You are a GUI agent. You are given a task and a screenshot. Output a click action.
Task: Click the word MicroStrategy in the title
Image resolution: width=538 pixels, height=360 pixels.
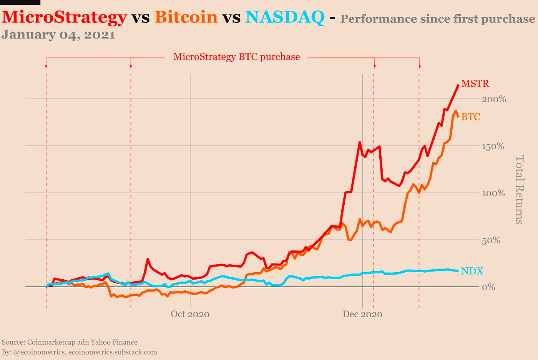point(64,17)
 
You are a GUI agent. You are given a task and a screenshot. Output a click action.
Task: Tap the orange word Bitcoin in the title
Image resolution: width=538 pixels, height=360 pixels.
point(186,17)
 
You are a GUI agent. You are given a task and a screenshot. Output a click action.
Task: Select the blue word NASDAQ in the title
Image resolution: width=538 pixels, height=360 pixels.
point(284,17)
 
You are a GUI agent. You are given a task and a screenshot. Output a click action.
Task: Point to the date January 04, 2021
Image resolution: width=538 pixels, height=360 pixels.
point(58,35)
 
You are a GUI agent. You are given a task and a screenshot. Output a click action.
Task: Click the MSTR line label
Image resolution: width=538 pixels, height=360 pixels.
point(475,83)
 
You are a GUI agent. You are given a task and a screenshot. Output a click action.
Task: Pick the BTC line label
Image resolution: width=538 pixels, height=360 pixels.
point(471,117)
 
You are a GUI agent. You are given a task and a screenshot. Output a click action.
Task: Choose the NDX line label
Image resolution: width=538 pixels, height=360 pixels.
point(472,271)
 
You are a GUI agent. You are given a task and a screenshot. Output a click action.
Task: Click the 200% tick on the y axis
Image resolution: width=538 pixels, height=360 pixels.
point(494,99)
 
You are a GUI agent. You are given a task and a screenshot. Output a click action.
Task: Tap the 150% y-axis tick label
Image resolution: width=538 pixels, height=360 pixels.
point(493,147)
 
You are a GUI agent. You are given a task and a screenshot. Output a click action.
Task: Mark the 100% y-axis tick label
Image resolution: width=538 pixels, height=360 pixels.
point(493,193)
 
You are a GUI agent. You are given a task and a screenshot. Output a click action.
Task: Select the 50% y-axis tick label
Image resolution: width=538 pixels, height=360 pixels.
point(492,240)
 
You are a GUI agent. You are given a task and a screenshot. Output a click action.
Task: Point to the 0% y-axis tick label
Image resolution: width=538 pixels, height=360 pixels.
point(488,287)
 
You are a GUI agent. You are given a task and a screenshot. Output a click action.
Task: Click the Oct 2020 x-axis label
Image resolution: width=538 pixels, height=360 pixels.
point(190,314)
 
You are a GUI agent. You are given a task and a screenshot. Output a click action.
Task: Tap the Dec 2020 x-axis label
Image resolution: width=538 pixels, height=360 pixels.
point(362,314)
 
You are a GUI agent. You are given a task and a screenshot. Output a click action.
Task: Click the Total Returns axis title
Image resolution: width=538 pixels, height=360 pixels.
point(519,190)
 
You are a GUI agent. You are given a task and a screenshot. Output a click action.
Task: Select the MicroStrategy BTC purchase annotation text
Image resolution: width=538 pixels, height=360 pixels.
point(236,57)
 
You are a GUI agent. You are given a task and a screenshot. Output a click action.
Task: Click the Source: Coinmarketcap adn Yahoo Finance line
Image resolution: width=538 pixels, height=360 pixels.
point(70,342)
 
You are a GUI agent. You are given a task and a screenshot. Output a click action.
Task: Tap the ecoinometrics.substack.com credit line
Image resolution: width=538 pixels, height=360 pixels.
point(80,352)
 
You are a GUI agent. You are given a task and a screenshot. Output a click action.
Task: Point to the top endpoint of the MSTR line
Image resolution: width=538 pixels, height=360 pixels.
point(458,85)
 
